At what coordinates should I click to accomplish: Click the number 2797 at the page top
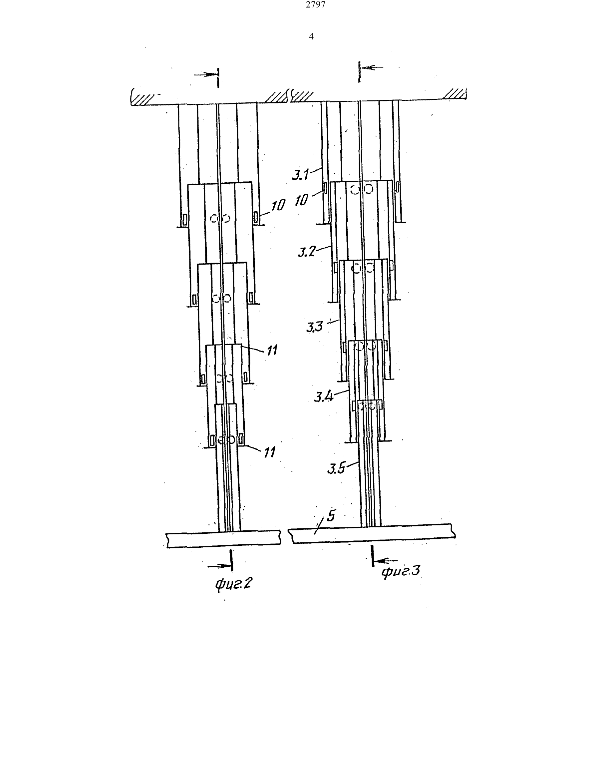(x=316, y=4)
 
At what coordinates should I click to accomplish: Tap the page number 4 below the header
(x=311, y=36)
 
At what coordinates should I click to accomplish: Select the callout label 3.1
(x=300, y=175)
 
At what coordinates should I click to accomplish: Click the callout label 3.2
(x=307, y=252)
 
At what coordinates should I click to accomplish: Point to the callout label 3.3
(x=314, y=327)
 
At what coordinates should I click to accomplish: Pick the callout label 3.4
(x=324, y=396)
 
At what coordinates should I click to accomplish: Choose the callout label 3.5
(x=337, y=468)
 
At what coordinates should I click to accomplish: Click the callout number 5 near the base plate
(x=331, y=516)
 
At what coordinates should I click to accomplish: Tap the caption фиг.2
(x=233, y=584)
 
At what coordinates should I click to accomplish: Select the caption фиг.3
(x=401, y=571)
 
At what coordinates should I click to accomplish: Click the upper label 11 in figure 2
(x=272, y=350)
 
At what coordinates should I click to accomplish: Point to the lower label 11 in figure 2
(x=269, y=452)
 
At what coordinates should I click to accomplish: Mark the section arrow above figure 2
(x=206, y=75)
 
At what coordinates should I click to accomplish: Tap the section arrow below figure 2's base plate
(x=219, y=566)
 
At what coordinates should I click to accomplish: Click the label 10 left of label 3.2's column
(x=301, y=200)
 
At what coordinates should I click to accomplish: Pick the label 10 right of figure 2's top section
(x=278, y=205)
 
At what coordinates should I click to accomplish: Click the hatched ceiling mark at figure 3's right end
(x=455, y=94)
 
